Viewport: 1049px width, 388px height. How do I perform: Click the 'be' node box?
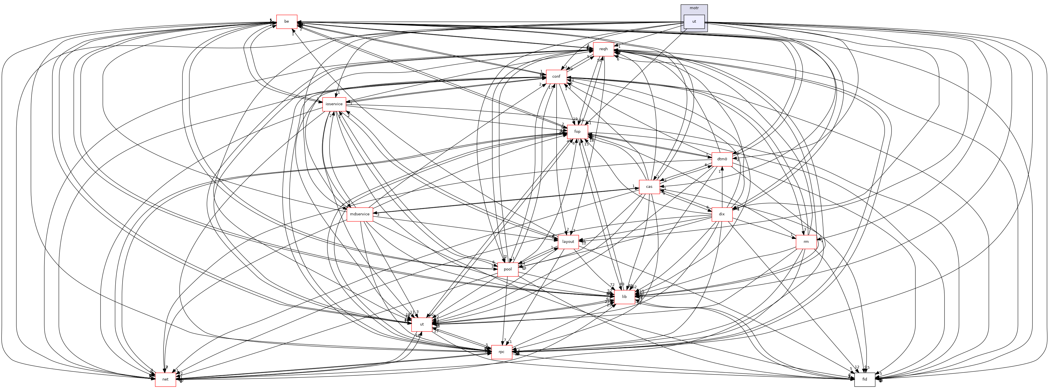[x=287, y=22]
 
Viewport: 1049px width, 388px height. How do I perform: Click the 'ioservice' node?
[x=334, y=104]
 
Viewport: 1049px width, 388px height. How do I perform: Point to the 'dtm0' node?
[x=722, y=159]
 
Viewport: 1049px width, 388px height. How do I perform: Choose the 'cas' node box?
[x=649, y=186]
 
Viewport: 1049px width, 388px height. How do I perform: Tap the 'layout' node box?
[x=568, y=241]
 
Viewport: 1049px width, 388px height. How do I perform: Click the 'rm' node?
[x=806, y=241]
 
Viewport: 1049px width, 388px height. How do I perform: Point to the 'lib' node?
[x=624, y=297]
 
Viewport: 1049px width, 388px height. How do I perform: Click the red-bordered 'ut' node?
[x=422, y=324]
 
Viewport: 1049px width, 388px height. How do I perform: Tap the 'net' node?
[x=165, y=379]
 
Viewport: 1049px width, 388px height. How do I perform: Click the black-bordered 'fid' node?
[x=865, y=379]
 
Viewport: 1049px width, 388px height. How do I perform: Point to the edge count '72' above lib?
[x=612, y=284]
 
